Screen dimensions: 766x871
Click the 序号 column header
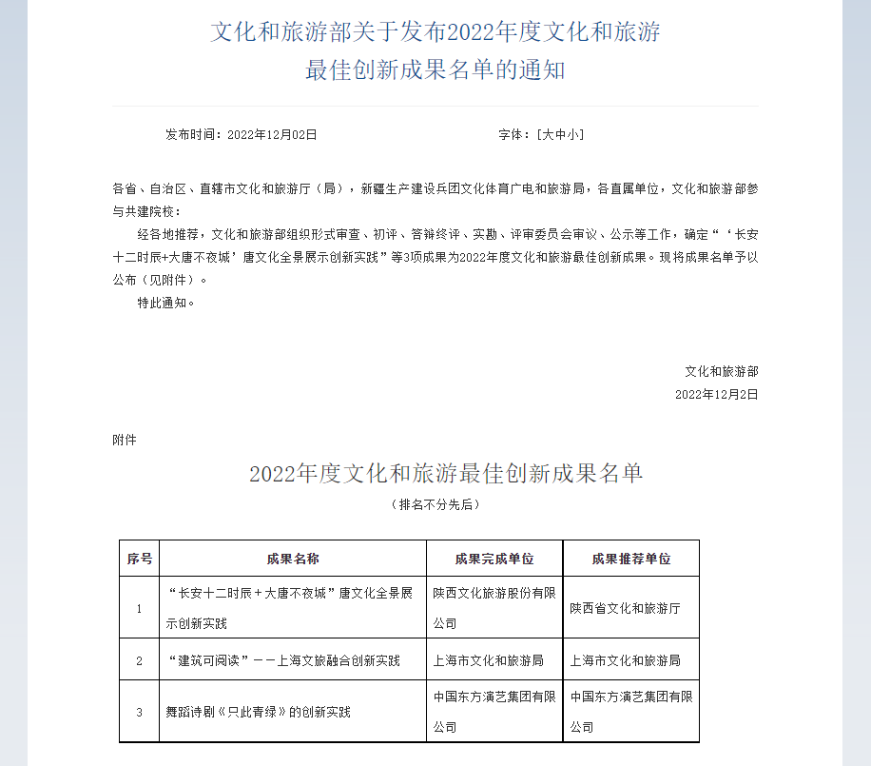(140, 559)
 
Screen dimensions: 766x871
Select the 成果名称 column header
(293, 559)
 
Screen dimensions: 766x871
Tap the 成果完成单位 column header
(494, 559)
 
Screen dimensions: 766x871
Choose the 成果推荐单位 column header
(631, 559)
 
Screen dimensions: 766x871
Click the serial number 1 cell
(140, 608)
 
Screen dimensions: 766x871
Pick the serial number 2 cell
(140, 660)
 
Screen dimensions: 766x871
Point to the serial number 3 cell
(140, 712)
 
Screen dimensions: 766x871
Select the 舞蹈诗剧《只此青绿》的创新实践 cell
(259, 712)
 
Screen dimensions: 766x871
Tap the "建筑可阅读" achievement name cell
(283, 660)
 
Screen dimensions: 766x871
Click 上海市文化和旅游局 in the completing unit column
(488, 660)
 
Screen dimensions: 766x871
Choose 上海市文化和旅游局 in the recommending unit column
(625, 660)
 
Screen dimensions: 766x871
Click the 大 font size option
(548, 135)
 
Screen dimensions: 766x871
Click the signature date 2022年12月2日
(717, 394)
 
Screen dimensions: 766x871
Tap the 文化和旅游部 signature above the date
(722, 371)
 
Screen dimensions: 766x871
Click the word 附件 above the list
(125, 440)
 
